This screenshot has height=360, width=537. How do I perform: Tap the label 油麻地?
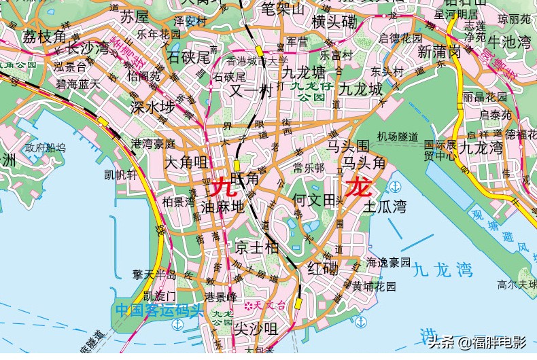coord(222,206)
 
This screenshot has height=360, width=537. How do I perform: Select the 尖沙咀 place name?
coord(256,329)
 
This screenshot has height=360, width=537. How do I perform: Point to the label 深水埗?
coord(152,108)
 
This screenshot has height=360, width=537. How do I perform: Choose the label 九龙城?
coord(361,88)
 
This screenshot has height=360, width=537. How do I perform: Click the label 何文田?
coord(314,200)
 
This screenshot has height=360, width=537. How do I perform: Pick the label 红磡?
coord(323,268)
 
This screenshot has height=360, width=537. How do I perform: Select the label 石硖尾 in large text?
coord(189,57)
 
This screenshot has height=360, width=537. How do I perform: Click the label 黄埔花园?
coord(374,286)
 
